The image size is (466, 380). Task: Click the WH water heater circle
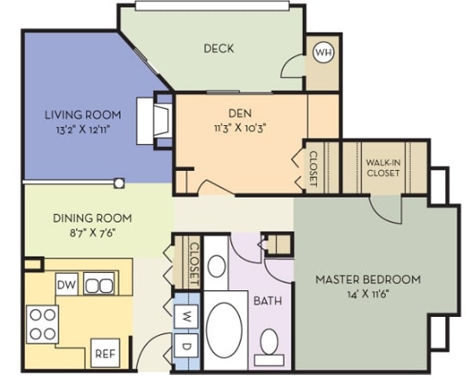(x=324, y=53)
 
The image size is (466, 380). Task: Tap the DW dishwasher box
(x=66, y=284)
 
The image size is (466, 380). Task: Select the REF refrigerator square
(x=105, y=353)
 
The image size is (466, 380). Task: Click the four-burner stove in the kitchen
(x=42, y=324)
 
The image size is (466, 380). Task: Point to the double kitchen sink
(x=98, y=283)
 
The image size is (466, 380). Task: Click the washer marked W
(x=186, y=316)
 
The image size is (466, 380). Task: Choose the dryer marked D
(x=186, y=345)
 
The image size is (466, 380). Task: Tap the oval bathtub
(x=224, y=329)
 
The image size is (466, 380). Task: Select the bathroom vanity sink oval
(x=217, y=266)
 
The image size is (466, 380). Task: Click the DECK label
(x=218, y=48)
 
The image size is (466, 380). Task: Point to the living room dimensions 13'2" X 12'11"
(x=83, y=130)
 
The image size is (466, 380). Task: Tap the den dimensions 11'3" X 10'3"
(x=239, y=129)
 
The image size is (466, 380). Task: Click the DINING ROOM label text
(x=92, y=218)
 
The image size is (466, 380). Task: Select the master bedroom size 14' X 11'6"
(x=368, y=294)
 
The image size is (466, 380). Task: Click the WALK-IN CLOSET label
(x=383, y=168)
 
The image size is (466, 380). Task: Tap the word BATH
(x=268, y=301)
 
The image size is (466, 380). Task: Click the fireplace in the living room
(x=154, y=121)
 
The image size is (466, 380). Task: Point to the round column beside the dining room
(x=119, y=183)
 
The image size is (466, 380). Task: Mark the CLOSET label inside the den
(x=313, y=169)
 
